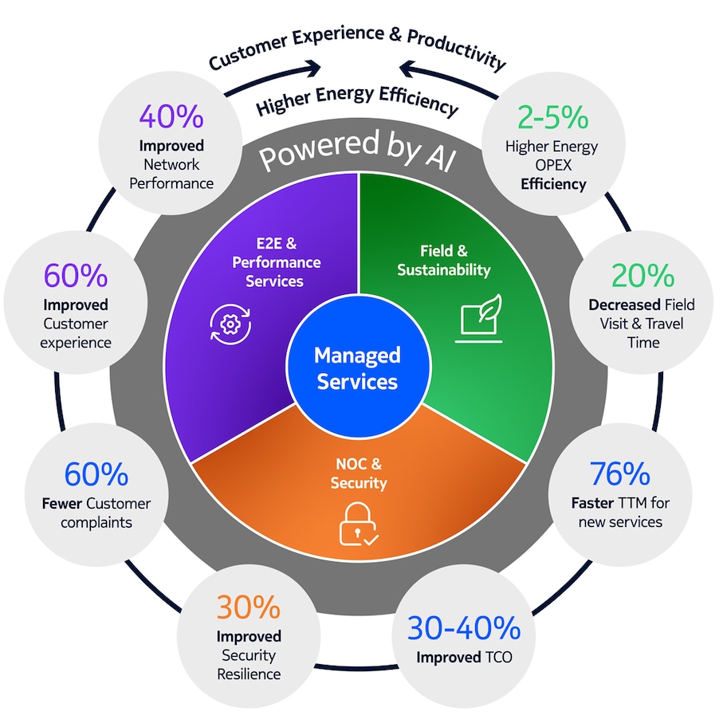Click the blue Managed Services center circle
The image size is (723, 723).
coord(357,367)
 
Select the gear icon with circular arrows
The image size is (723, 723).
coord(230,322)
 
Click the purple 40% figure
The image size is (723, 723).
coord(171,118)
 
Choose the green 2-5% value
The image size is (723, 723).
coord(552,118)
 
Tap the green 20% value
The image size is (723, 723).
coord(642,276)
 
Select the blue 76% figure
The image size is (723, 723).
coord(619,474)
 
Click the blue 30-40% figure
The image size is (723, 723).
coord(464,629)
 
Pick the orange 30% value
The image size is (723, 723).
coord(249,607)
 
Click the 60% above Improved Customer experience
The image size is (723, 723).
coord(76,276)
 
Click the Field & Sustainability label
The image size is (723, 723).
coord(444,261)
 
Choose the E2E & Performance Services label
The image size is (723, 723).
coord(272,261)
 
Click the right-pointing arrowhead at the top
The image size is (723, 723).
coord(313,69)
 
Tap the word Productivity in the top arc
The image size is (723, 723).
coord(458,48)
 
